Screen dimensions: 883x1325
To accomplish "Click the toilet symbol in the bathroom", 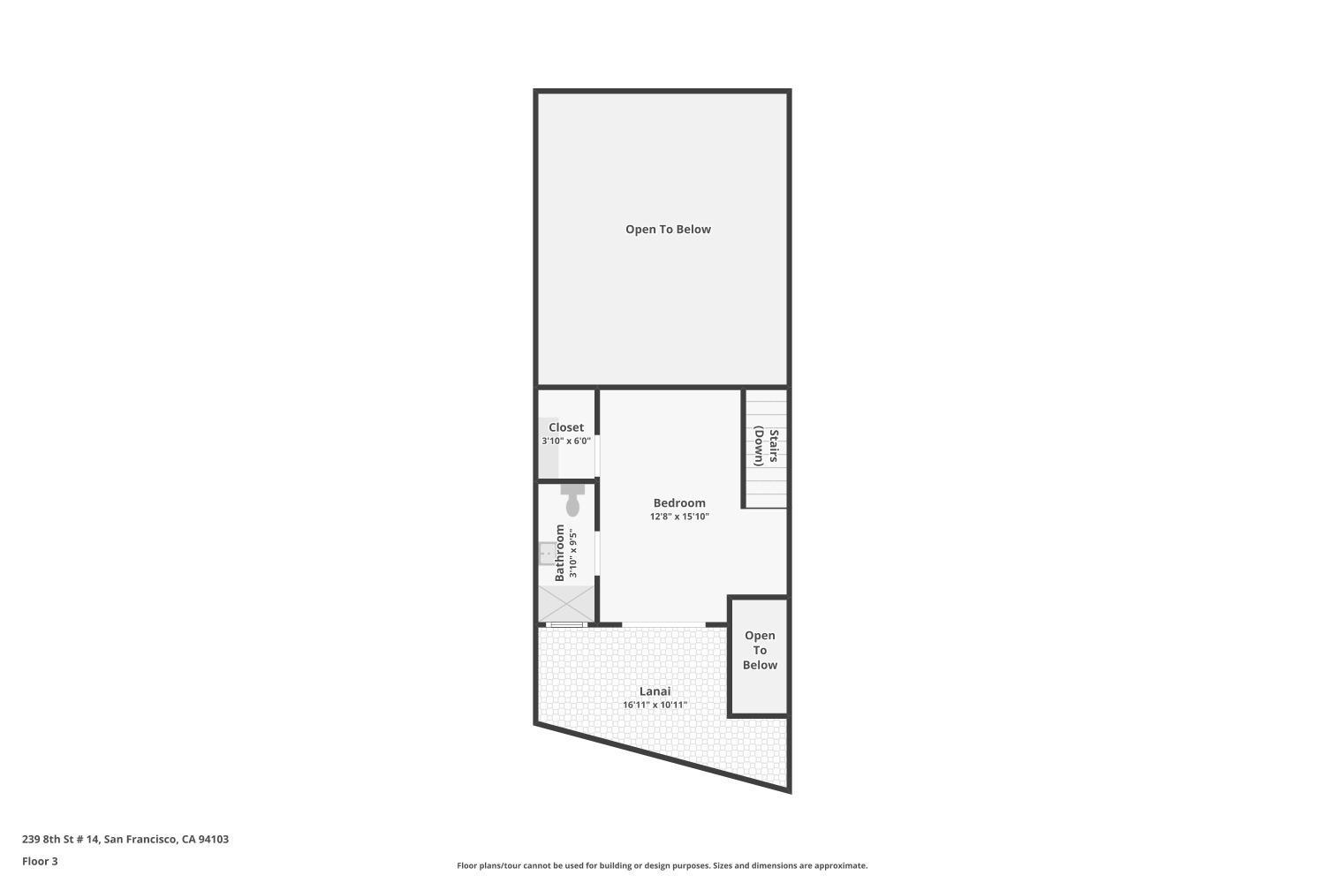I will point(572,501).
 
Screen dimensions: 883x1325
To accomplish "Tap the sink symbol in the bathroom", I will point(547,554).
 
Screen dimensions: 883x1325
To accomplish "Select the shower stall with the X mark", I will point(566,604).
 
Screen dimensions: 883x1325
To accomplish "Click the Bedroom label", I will point(679,502).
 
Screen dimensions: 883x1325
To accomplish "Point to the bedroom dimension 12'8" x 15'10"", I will point(679,517).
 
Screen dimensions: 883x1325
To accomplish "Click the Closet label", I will point(566,427).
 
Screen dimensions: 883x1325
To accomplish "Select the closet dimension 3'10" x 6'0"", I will point(566,441).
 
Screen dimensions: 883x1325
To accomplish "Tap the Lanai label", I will point(655,691).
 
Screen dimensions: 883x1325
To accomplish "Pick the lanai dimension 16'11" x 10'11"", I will point(655,705).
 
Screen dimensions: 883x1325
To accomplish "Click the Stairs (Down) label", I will point(766,447).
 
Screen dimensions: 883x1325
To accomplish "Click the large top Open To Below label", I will point(668,229).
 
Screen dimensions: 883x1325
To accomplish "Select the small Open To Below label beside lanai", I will point(760,650).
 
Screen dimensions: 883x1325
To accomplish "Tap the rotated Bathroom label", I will point(559,554).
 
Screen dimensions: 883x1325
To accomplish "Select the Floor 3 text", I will point(40,861).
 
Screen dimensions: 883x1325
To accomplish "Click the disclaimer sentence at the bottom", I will point(662,865).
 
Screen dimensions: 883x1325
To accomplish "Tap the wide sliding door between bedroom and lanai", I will point(663,625).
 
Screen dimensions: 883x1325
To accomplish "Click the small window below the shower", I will point(566,625).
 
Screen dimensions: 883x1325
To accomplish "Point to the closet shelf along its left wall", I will point(549,447).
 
